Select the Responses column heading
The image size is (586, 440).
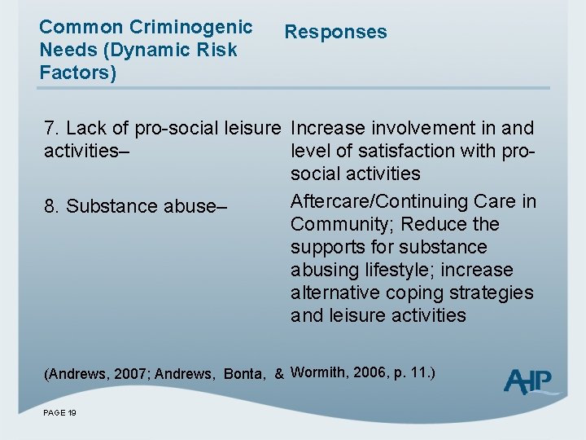tap(335, 33)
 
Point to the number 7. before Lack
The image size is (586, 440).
tap(52, 129)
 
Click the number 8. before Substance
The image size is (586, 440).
tap(52, 207)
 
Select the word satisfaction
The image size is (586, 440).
tap(400, 151)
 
